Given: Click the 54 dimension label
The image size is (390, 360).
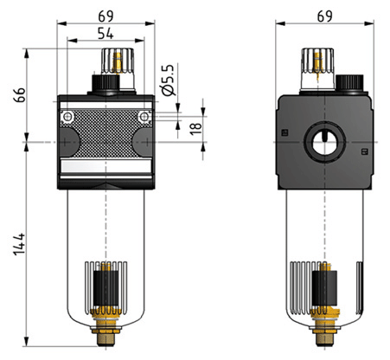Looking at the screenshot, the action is (105, 34).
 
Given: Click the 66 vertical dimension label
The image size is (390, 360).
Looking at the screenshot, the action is (19, 95).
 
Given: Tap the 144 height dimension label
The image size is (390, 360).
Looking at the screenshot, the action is (19, 244).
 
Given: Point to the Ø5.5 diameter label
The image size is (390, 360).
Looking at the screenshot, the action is (169, 80).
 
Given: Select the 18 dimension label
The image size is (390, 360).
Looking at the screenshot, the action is (196, 128).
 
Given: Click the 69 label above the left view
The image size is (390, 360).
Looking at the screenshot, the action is (105, 16).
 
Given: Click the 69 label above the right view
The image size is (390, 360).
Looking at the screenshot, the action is (325, 16).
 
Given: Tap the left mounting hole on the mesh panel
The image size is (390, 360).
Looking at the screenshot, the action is (67, 117).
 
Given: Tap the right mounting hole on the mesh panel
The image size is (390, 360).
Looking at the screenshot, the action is (144, 117).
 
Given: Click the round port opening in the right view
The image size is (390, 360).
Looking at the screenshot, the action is (324, 143).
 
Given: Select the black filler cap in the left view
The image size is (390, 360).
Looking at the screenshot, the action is (105, 83).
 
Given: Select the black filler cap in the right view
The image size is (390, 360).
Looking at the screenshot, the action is (349, 83).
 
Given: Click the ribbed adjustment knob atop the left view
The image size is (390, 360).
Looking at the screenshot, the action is (118, 68).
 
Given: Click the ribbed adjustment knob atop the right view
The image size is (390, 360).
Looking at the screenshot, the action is (317, 68).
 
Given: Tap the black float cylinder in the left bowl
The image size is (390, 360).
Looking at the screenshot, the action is (105, 289).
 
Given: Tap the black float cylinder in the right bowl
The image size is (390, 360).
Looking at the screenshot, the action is (324, 289).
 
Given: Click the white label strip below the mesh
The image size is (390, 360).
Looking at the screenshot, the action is (106, 166).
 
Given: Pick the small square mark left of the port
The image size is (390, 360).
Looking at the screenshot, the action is (285, 132).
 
